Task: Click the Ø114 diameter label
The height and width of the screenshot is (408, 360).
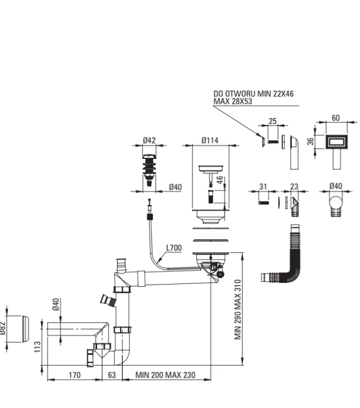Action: coord(210,140)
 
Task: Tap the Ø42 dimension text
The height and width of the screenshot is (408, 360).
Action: coord(150,140)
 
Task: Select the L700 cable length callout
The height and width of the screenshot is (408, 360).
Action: coord(174,248)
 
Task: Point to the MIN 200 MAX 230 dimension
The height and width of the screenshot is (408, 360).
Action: coord(165,375)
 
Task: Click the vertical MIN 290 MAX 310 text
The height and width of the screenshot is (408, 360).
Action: coord(238,310)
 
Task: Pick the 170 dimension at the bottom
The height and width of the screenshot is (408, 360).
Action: coord(75,375)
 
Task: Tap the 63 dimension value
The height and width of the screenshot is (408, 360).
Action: coord(112,375)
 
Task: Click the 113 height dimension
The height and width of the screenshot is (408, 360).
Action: coord(38,347)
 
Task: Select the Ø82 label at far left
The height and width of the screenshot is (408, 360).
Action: coord(2,329)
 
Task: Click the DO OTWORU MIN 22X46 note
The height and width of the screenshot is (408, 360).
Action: coord(253,94)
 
